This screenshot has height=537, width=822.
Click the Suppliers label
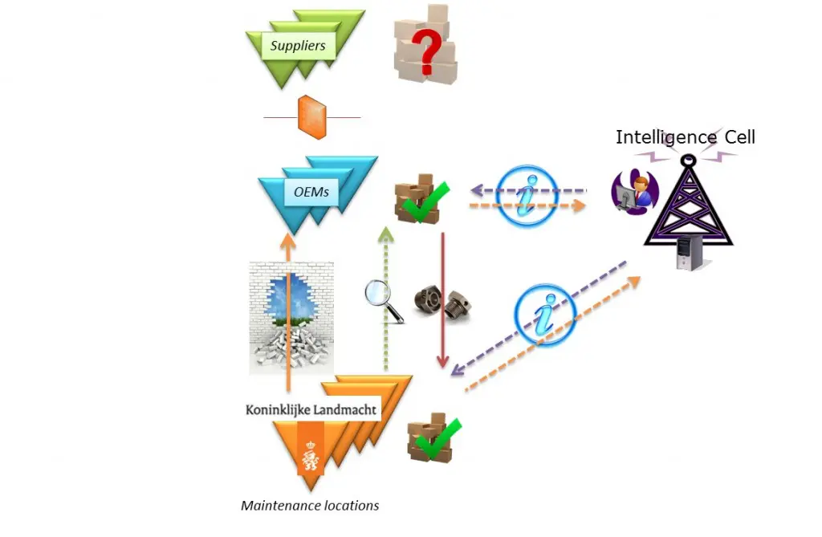[298, 46]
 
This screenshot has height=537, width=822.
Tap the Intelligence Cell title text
[685, 137]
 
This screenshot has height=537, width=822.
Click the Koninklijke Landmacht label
[311, 409]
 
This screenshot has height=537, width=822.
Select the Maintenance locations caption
[310, 506]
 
